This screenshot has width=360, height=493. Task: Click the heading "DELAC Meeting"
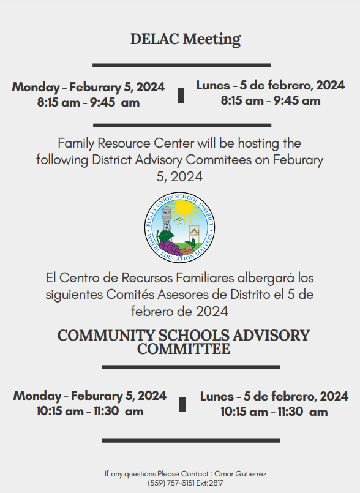coord(185,39)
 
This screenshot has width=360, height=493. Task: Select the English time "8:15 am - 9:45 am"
coord(88,102)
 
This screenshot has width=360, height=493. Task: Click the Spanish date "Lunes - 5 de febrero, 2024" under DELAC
coord(270,85)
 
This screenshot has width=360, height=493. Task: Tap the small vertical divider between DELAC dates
coord(181,95)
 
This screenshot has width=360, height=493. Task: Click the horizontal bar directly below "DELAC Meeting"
coord(181,65)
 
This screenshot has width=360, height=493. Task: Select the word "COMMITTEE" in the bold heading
coord(184,350)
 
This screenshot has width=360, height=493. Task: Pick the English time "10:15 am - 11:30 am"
coord(89,411)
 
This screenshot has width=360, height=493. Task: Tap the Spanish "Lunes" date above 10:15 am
coord(274,396)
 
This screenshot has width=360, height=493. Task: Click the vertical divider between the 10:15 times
coord(182,404)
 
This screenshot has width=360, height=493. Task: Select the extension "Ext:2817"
coord(209,483)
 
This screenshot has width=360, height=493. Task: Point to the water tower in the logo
coord(167,217)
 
